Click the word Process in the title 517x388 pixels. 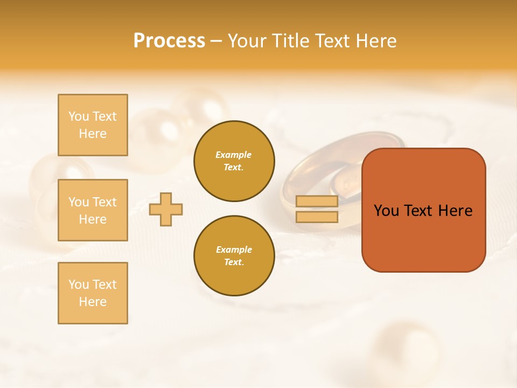tap(169, 41)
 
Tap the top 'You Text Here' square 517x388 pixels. tap(93, 125)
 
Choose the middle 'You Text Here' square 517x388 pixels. tap(93, 210)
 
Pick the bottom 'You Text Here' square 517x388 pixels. tap(93, 293)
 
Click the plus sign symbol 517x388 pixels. tap(166, 209)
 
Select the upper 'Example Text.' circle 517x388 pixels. tap(234, 161)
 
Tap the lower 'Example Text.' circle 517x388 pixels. tap(234, 256)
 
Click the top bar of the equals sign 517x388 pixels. tap(317, 202)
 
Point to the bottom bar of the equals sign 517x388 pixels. tap(317, 217)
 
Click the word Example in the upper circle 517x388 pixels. tap(233, 155)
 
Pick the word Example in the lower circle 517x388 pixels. tap(234, 250)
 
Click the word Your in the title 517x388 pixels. tap(246, 41)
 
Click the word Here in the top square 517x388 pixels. tap(93, 134)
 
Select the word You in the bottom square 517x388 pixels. tap(79, 285)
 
